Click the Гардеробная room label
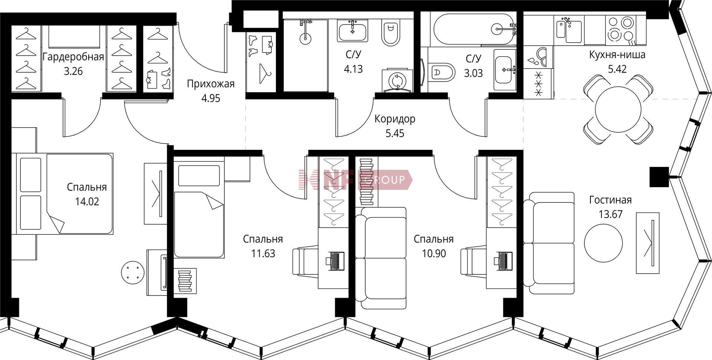tap(73, 57)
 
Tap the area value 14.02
tap(87, 202)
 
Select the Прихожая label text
tap(211, 84)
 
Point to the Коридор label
tap(395, 119)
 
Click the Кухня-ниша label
tap(617, 55)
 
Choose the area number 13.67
tap(610, 214)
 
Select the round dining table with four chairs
tap(618, 109)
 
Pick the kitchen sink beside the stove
tap(569, 29)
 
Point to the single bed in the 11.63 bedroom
tap(199, 207)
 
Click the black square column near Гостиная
tap(659, 177)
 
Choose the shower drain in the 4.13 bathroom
tap(305, 37)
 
